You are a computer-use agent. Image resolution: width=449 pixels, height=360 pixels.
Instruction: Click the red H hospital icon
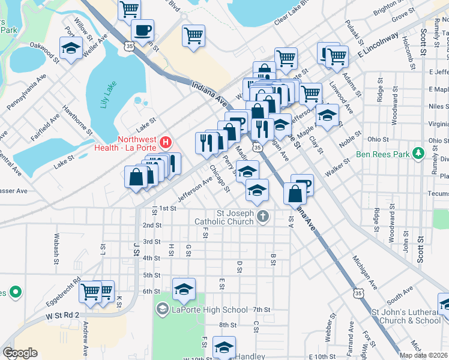click(x=166, y=143)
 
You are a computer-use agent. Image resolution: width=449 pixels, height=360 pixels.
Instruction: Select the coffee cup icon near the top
click(x=143, y=30)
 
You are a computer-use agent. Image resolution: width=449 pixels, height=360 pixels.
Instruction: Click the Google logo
click(x=20, y=353)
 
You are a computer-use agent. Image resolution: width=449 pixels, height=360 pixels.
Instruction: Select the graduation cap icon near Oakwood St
click(x=71, y=48)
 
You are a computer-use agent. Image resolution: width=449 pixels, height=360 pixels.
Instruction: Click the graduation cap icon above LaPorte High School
click(x=184, y=290)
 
